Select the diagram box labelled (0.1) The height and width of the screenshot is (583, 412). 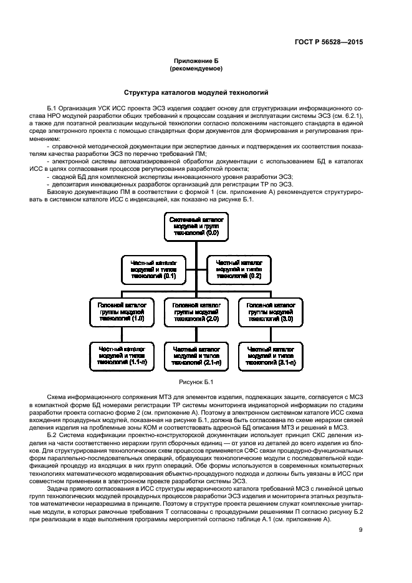pyautogui.click(x=153, y=268)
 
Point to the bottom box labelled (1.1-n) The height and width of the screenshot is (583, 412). pyautogui.click(x=122, y=354)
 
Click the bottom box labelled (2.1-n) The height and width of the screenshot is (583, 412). pyautogui.click(x=196, y=354)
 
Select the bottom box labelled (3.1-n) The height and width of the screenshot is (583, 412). pyautogui.click(x=270, y=354)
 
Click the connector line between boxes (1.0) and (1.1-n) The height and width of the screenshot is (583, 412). pyautogui.click(x=122, y=333)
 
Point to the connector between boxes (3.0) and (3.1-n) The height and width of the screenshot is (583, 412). pyautogui.click(x=270, y=333)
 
